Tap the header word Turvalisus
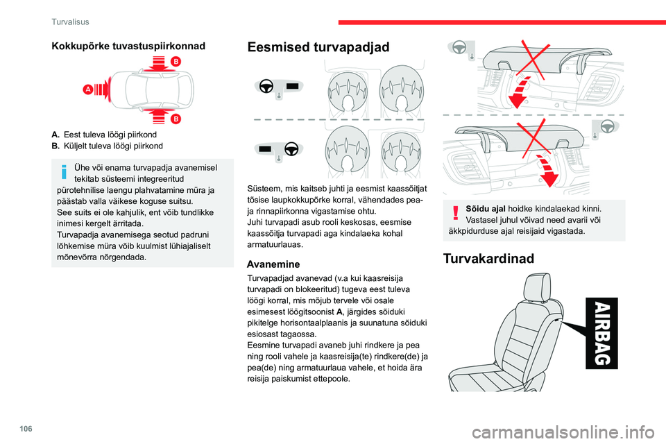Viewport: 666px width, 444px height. [x=70, y=22]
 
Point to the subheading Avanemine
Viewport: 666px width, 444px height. [x=273, y=264]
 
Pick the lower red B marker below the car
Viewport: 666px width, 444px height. [x=176, y=119]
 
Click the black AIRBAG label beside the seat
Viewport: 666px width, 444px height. [x=602, y=332]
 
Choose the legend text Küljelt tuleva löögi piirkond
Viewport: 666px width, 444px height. [x=114, y=145]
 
